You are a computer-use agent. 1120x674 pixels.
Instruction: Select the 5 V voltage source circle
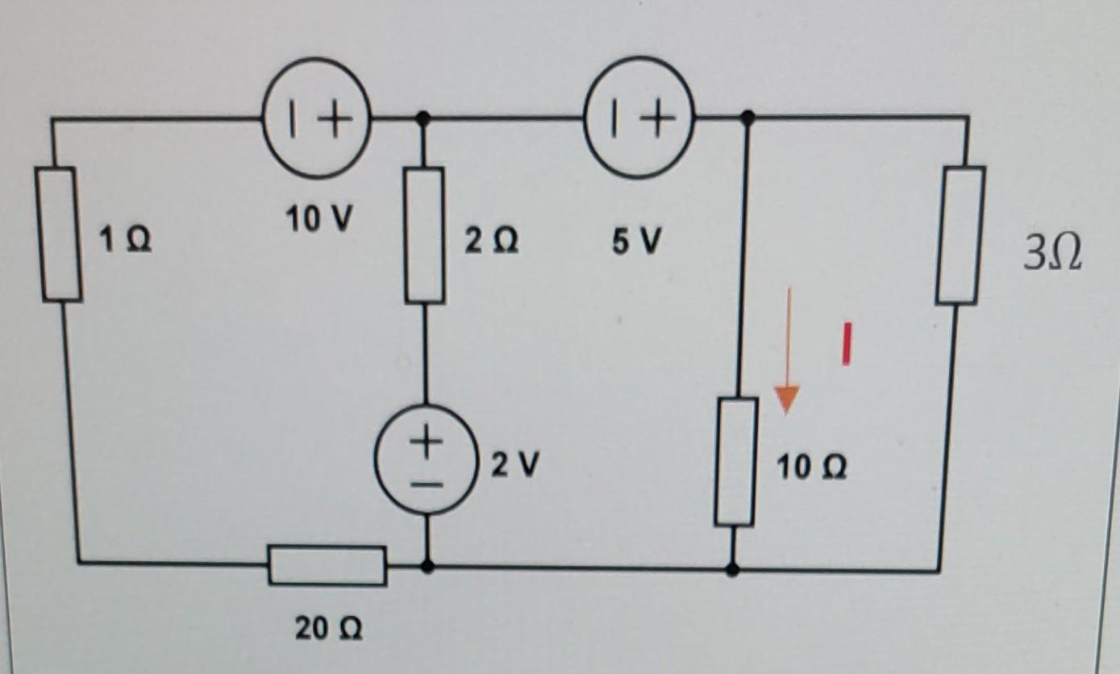tap(639, 119)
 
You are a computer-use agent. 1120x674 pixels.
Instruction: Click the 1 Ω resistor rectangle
tap(59, 234)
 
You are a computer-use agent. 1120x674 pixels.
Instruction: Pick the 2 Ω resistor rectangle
tap(425, 235)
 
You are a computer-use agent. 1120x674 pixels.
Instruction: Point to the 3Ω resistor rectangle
tap(961, 235)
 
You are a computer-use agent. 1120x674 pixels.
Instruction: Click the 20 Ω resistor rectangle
tap(327, 565)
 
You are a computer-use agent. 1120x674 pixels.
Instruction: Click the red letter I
tap(847, 344)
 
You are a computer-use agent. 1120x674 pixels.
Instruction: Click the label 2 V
tap(512, 464)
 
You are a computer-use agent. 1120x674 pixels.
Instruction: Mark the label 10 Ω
tap(812, 467)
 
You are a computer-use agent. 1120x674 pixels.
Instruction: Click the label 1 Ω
tap(124, 239)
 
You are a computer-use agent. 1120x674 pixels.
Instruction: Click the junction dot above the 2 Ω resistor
tap(425, 119)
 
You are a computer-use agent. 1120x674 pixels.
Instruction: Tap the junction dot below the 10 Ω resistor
tap(732, 570)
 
